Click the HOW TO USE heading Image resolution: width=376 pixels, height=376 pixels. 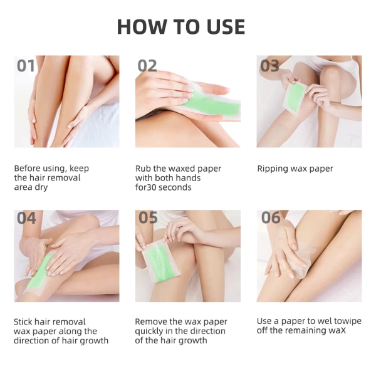(181, 26)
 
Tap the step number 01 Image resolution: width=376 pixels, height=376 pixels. (26, 66)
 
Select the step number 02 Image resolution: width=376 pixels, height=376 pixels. (147, 66)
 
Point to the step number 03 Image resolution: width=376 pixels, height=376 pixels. (269, 66)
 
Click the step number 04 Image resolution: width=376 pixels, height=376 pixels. (26, 218)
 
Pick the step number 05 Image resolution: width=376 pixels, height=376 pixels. (148, 217)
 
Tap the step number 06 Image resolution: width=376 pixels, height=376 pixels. (271, 217)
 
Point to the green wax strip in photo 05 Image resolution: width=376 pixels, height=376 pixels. (159, 264)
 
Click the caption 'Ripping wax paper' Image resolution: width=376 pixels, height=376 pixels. (295, 169)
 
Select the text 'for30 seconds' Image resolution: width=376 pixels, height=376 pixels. (164, 187)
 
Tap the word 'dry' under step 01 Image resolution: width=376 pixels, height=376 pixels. (41, 187)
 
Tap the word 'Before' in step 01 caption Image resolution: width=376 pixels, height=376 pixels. (26, 169)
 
